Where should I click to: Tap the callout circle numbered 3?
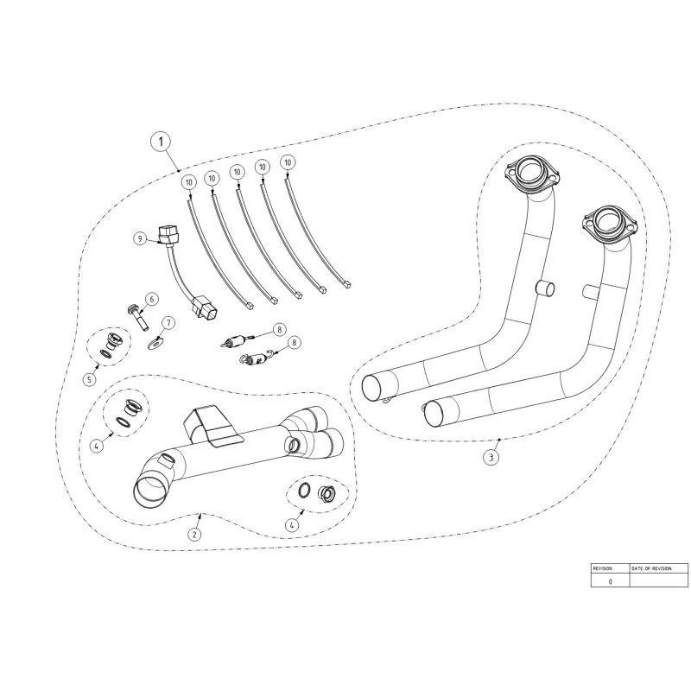pos(491,457)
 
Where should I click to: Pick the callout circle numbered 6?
pos(151,299)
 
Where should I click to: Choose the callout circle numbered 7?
pos(168,323)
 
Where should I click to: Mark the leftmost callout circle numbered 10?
pos(187,181)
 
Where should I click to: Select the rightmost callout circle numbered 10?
pos(288,162)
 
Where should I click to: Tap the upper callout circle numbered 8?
pos(279,329)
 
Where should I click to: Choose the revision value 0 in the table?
pos(610,581)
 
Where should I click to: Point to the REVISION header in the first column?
pos(602,568)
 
